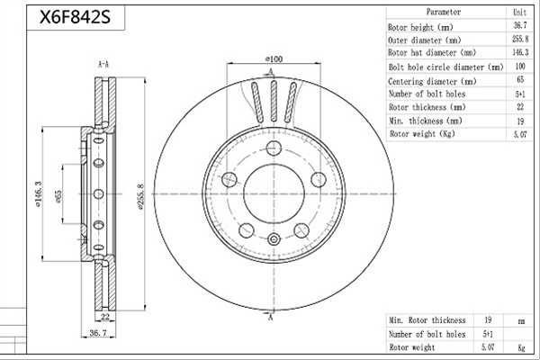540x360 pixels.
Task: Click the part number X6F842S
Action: point(75,17)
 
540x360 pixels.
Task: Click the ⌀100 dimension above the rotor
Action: point(274,58)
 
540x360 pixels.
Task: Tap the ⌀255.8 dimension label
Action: point(140,197)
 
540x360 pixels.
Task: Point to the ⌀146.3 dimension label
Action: point(38,194)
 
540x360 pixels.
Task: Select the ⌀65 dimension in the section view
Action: point(58,196)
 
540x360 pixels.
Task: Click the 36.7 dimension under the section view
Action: point(98,333)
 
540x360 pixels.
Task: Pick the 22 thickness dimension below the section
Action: point(105,317)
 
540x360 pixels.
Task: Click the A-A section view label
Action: point(103,64)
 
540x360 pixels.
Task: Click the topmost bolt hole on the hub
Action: point(274,148)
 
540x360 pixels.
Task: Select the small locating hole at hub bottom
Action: point(274,239)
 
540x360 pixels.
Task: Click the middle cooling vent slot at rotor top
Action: point(274,101)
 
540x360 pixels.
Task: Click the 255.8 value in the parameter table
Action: point(520,39)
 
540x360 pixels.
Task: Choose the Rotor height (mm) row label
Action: point(420,27)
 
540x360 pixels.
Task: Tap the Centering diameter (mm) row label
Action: point(432,82)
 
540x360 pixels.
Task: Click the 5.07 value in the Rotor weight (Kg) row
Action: point(520,134)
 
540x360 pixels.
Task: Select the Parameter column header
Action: point(444,12)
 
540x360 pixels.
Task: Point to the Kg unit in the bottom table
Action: point(521,347)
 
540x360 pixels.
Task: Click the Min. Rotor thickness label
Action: point(427,320)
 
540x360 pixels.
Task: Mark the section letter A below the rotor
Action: point(270,317)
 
